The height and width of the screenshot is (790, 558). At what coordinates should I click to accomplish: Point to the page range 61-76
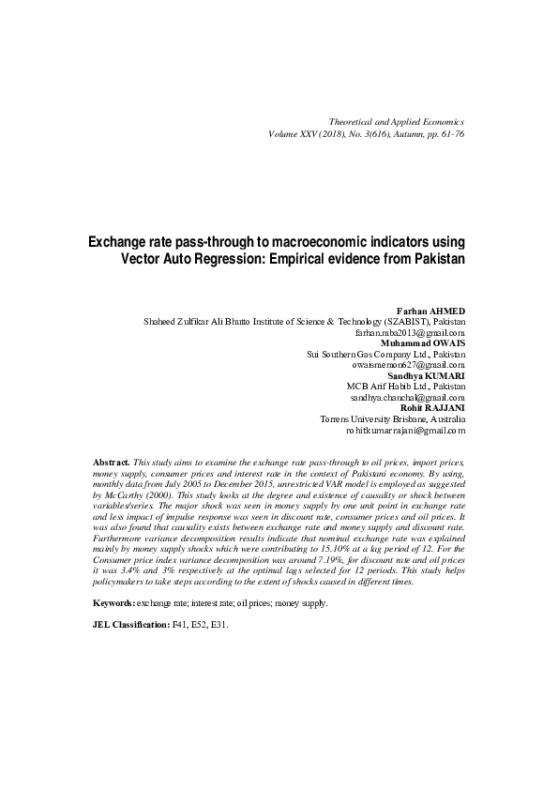449,134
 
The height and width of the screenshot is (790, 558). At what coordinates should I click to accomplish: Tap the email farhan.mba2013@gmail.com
410,332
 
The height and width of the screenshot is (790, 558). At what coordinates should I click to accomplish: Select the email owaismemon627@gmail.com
408,365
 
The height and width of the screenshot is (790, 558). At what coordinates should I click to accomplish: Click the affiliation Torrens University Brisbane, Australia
392,419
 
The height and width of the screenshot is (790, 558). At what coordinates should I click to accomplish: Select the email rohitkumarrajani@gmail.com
405,431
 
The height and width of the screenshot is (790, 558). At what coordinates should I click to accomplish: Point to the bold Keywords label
113,602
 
